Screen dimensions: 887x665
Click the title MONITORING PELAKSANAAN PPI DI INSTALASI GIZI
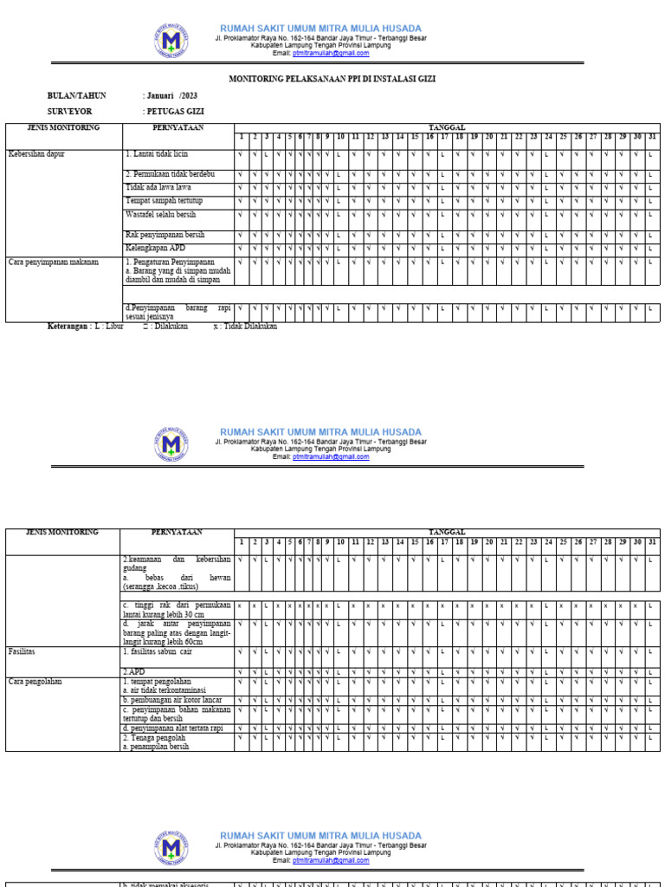pyautogui.click(x=332, y=79)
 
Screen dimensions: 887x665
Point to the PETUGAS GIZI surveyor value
pyautogui.click(x=174, y=112)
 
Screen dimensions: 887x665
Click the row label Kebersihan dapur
pyautogui.click(x=36, y=153)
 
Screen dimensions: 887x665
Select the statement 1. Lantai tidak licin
pyautogui.click(x=158, y=153)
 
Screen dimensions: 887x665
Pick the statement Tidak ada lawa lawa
pyautogui.click(x=158, y=187)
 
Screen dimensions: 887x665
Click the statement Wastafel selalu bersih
pyautogui.click(x=161, y=214)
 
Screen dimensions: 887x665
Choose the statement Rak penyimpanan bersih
pyautogui.click(x=166, y=235)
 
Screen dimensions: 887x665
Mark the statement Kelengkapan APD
pyautogui.click(x=157, y=249)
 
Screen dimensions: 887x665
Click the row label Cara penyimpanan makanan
pyautogui.click(x=54, y=261)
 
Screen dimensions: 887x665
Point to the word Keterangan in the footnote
pyautogui.click(x=68, y=327)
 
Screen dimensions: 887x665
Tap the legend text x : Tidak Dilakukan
pyautogui.click(x=245, y=327)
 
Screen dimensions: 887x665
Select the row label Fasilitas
pyautogui.click(x=23, y=649)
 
